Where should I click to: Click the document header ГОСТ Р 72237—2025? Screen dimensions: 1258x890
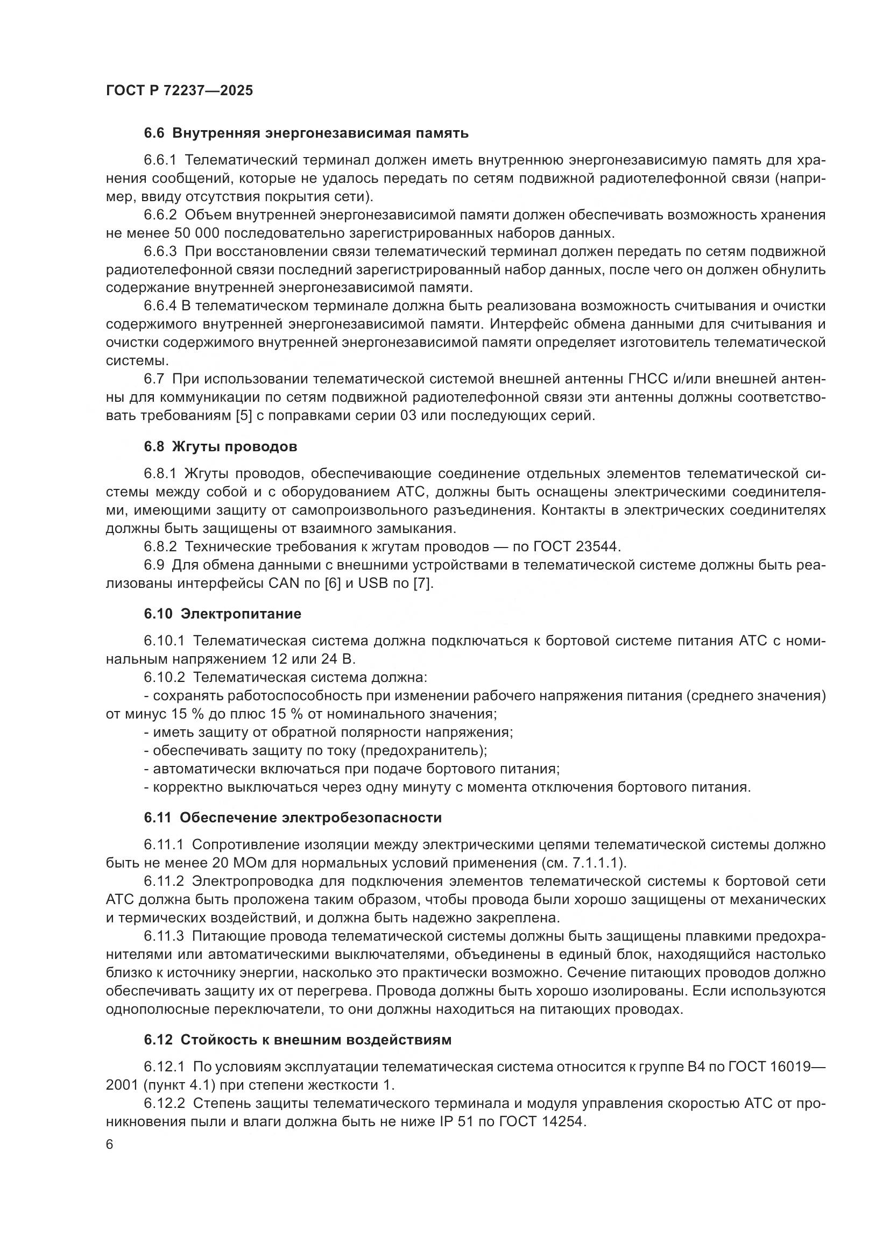pyautogui.click(x=179, y=90)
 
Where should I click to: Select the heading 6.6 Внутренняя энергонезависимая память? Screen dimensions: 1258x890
pyautogui.click(x=306, y=133)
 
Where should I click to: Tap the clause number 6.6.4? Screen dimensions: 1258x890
pyautogui.click(x=162, y=305)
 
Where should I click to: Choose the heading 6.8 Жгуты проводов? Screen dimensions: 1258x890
pyautogui.click(x=221, y=446)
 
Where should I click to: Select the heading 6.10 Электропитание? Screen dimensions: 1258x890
pyautogui.click(x=223, y=614)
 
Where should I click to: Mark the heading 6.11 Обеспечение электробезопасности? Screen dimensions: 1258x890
pyautogui.click(x=293, y=818)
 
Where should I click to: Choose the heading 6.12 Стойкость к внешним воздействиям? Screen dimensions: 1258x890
pyautogui.click(x=298, y=1040)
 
